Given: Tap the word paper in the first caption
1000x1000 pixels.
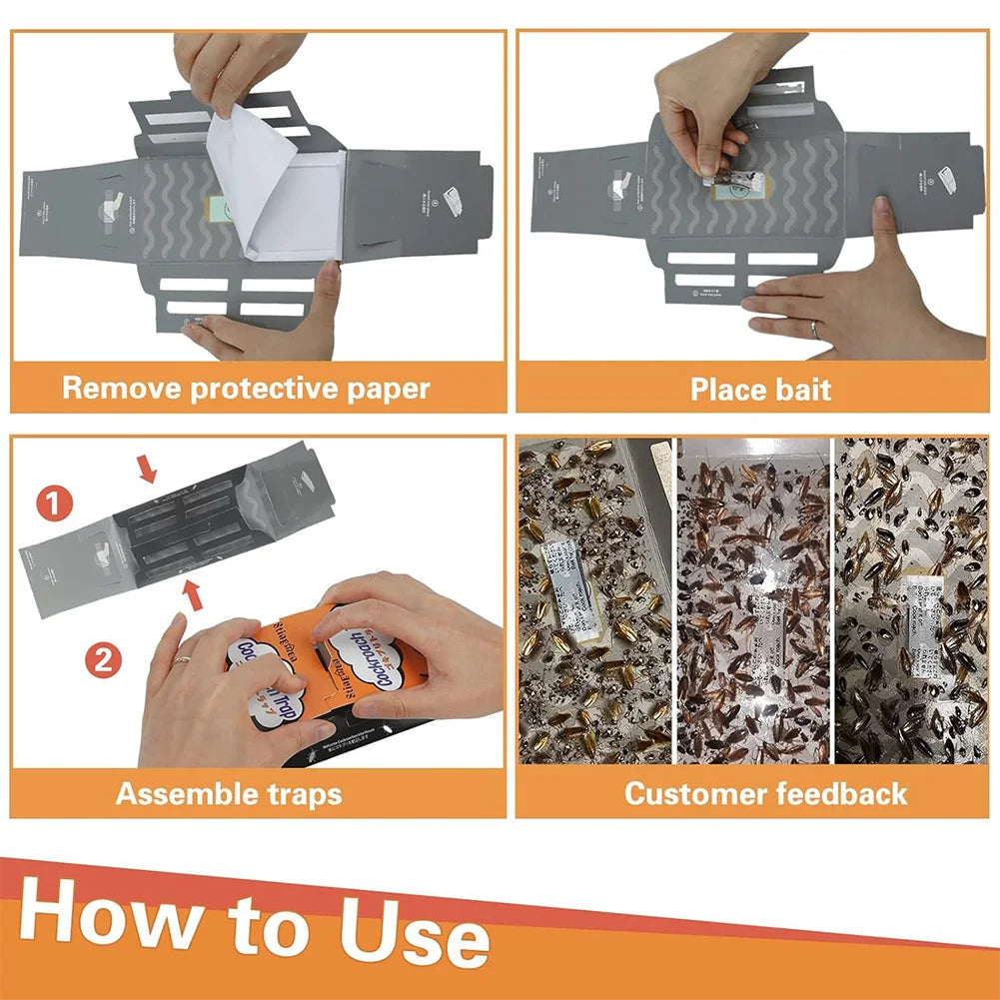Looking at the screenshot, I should pyautogui.click(x=386, y=389).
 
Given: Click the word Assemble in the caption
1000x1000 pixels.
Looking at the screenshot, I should pyautogui.click(x=177, y=794).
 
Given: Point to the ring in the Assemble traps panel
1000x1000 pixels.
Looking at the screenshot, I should pyautogui.click(x=182, y=658).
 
